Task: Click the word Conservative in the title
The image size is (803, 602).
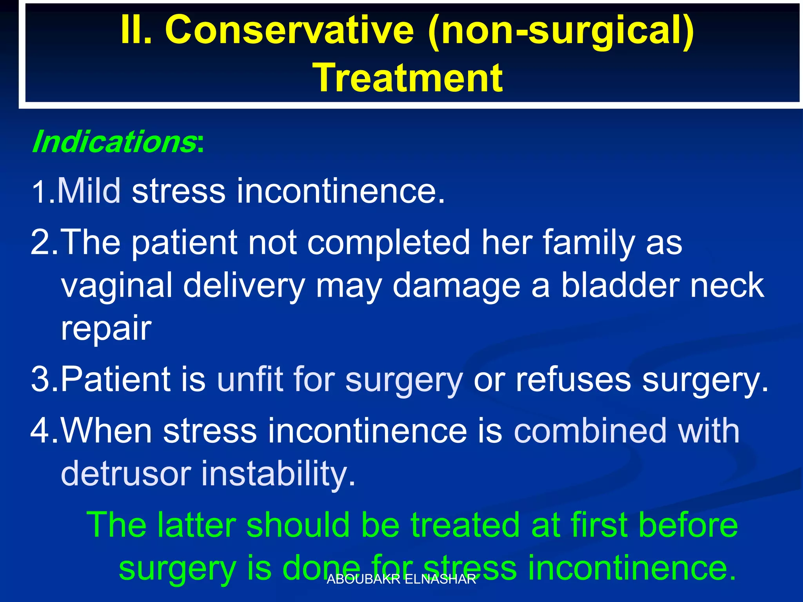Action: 289,31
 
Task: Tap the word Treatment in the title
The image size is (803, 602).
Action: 407,78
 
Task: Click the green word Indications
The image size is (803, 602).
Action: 114,142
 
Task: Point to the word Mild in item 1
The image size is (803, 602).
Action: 89,191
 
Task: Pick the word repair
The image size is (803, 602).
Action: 106,328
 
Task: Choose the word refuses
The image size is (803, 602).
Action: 573,379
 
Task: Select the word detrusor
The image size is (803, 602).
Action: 125,473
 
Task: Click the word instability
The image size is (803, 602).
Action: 278,473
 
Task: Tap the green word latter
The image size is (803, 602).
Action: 196,525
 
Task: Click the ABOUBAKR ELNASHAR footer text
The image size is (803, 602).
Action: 401,579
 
